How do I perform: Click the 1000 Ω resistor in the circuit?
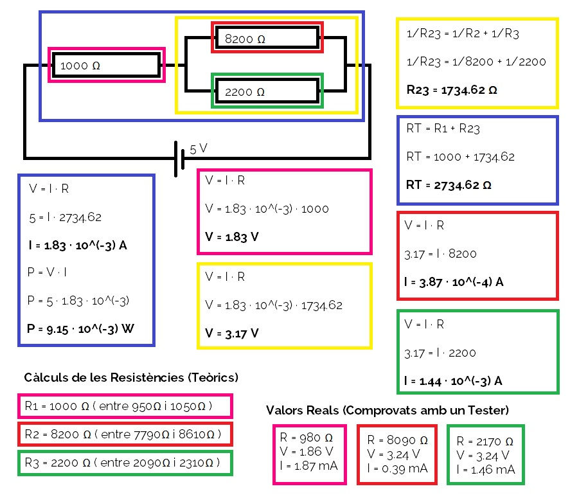point(106,66)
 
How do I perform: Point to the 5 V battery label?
point(199,149)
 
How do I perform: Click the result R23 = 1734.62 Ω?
point(452,90)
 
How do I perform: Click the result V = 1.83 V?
point(232,237)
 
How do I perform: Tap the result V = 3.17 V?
point(232,333)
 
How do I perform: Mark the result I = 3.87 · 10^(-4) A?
point(453,281)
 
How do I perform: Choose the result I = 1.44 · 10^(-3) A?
point(453,380)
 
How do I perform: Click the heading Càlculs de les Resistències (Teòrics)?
point(130,377)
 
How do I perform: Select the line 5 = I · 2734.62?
point(65,217)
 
